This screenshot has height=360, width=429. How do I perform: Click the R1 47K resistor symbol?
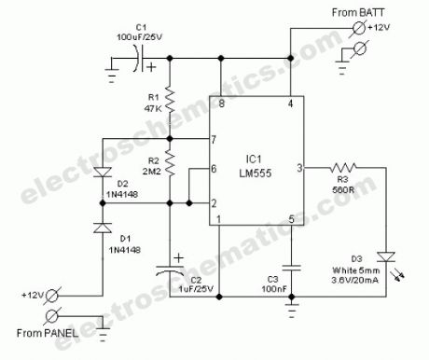coord(170,99)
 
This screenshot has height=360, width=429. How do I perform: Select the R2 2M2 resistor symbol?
coord(170,162)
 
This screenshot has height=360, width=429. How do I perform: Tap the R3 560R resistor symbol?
coord(343,168)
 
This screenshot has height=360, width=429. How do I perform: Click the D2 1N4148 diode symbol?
coord(103,172)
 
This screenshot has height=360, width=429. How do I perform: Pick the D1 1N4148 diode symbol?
coord(103,228)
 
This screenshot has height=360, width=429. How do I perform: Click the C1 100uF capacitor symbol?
coord(139,59)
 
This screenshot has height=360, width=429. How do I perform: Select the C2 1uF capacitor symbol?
coord(170,270)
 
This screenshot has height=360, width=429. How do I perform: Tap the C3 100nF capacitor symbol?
coord(291,268)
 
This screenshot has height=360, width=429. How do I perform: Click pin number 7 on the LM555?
coord(214,140)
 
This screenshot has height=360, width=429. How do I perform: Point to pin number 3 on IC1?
coord(299,168)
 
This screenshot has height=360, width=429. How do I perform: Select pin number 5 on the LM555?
coord(291,219)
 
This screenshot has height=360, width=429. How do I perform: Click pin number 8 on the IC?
coord(221,104)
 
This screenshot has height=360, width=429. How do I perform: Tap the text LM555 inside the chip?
coord(256,173)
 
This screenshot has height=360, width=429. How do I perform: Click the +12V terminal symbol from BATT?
coord(359,29)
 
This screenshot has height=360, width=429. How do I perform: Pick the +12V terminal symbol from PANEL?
coord(52,296)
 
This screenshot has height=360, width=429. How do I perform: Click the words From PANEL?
coord(48,333)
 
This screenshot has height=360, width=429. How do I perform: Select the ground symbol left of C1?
coord(112,75)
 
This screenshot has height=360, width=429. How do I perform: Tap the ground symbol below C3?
coord(291,311)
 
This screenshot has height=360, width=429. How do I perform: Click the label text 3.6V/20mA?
coord(355,280)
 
